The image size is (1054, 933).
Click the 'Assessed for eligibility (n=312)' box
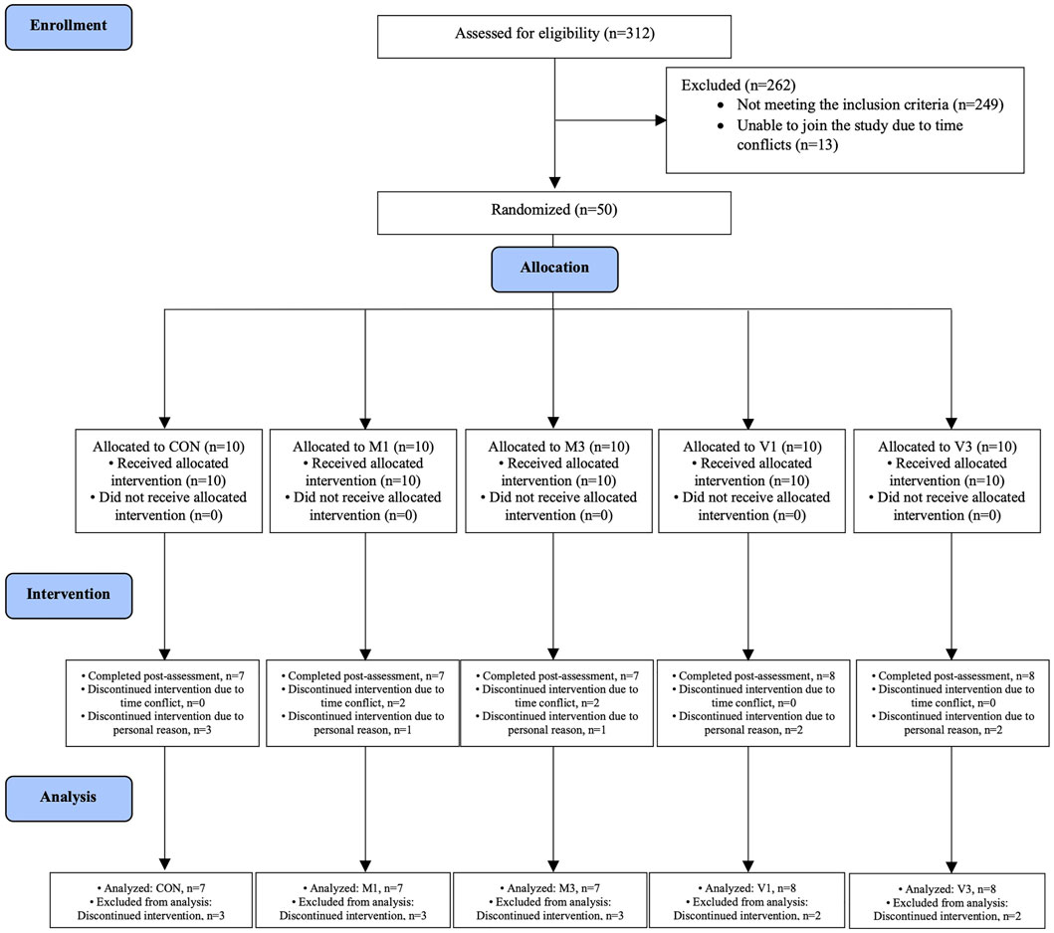tap(554, 34)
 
